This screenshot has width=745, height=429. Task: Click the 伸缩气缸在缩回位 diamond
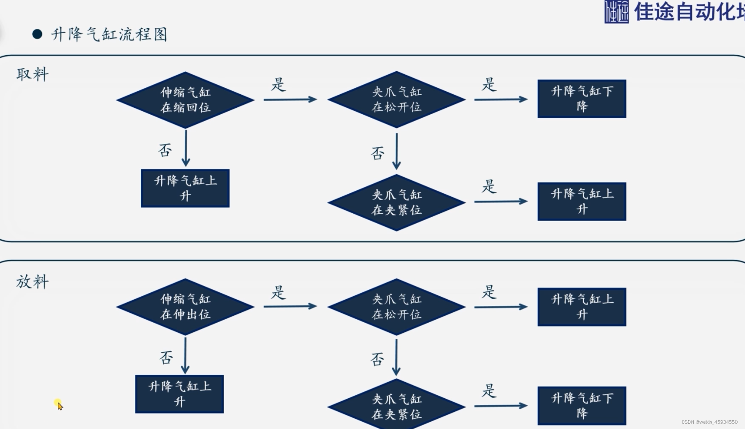click(x=185, y=100)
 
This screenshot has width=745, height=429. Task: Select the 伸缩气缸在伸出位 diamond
click(x=185, y=306)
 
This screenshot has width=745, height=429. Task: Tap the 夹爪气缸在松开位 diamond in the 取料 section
click(x=397, y=100)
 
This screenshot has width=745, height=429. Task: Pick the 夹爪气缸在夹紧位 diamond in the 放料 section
click(x=397, y=406)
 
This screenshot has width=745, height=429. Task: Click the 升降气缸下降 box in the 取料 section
click(x=582, y=99)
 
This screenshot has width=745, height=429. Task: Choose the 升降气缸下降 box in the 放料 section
click(x=582, y=406)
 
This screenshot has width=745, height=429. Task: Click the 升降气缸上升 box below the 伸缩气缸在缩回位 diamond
click(x=185, y=188)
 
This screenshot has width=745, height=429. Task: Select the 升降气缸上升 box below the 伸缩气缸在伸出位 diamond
click(x=179, y=394)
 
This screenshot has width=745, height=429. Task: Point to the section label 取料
click(x=32, y=74)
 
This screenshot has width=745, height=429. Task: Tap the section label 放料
click(x=32, y=282)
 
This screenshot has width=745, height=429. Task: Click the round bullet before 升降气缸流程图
click(x=38, y=34)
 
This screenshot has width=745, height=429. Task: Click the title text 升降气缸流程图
click(x=110, y=35)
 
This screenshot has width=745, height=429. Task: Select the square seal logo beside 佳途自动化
click(x=616, y=12)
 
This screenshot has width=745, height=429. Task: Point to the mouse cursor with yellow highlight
click(x=59, y=405)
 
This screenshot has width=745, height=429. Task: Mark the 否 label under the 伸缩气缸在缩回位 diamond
click(x=165, y=150)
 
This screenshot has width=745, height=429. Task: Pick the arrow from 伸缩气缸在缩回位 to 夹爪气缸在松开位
click(x=290, y=100)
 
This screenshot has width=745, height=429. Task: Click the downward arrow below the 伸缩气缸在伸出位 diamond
click(x=185, y=355)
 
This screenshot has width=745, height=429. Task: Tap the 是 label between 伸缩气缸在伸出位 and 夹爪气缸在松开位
click(x=278, y=292)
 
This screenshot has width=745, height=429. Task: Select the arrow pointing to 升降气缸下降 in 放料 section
click(x=500, y=406)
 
